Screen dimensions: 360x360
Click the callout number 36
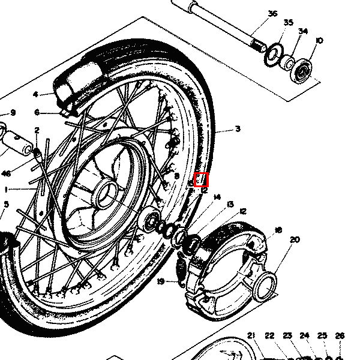[x=273, y=14]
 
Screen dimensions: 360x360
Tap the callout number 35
[x=289, y=23]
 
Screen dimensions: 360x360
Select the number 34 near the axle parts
[x=303, y=31]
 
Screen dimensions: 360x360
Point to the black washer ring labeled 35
[x=272, y=53]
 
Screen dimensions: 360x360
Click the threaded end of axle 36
[x=258, y=45]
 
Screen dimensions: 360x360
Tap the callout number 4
[x=35, y=95]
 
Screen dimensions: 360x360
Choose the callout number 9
[x=13, y=113]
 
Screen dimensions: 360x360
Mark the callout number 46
[x=6, y=173]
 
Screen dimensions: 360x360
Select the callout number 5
[x=6, y=205]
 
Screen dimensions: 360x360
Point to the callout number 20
[x=294, y=240]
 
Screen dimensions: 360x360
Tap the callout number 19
[x=161, y=281]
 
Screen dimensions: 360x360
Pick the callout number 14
[x=217, y=197]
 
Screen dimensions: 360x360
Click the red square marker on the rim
[x=202, y=179]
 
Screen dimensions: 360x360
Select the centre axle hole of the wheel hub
[x=107, y=194]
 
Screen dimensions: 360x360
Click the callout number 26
[x=340, y=336]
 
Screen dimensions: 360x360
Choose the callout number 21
[x=251, y=336]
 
